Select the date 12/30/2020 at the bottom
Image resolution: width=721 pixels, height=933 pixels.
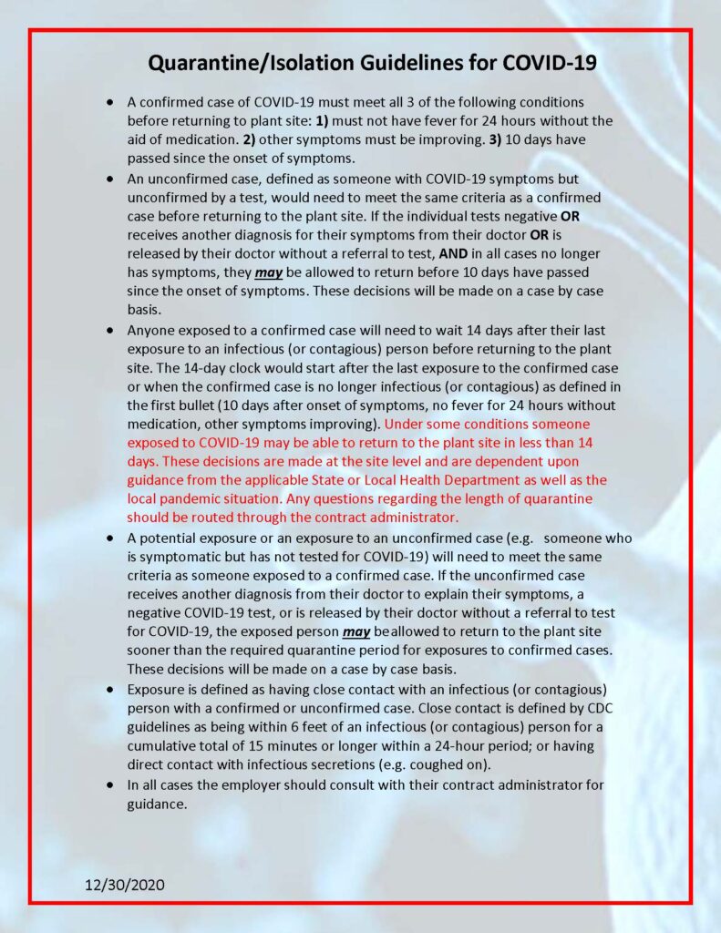point(125,885)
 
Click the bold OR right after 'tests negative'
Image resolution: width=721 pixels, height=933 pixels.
point(570,218)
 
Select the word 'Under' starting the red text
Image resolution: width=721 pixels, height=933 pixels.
point(405,424)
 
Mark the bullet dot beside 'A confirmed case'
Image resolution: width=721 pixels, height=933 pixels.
point(111,102)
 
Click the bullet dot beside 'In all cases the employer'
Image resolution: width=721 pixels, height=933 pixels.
point(111,784)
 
